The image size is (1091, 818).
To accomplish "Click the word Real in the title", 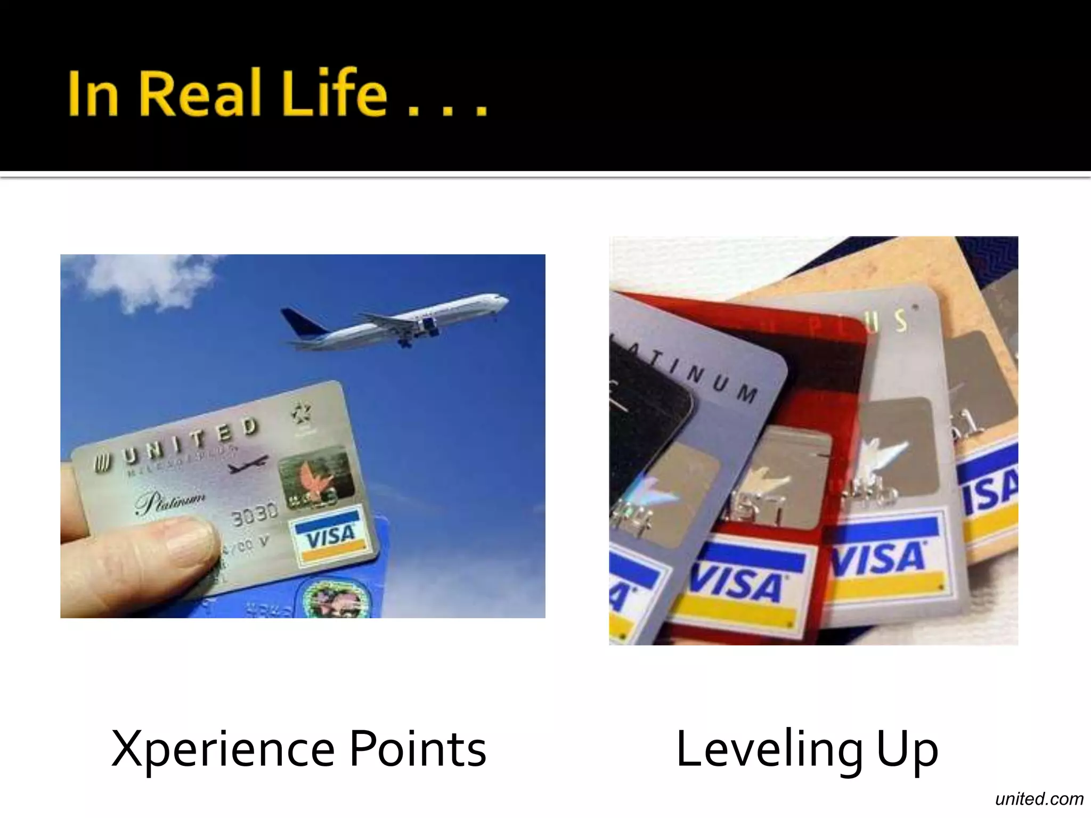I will click(x=201, y=93).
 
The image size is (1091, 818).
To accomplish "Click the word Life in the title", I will click(x=334, y=93).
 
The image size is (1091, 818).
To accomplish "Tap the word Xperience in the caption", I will click(x=223, y=749).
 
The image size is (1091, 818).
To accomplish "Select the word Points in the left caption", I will click(x=418, y=749).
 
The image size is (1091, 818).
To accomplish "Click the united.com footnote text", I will click(x=1039, y=799).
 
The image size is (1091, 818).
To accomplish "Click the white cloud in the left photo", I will click(x=144, y=280).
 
